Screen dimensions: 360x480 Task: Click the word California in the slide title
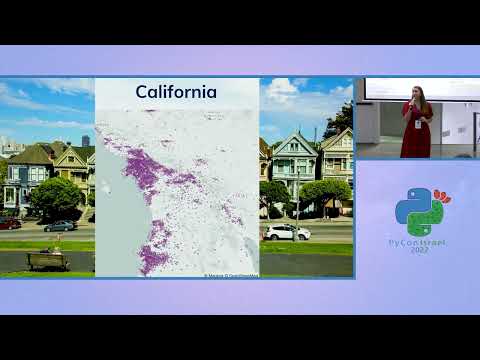coord(176,93)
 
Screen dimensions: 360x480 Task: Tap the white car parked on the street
coord(287,232)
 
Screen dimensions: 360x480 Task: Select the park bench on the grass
coord(46,260)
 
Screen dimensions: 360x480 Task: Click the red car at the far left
coord(9,223)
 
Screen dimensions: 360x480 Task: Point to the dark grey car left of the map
coord(60,226)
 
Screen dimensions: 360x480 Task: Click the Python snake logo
coord(418,211)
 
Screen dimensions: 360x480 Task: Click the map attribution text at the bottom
coord(232,275)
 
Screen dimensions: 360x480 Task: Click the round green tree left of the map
coord(55,196)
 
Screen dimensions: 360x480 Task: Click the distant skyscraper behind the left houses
coord(86,141)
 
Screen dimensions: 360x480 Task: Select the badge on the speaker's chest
coord(419,123)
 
